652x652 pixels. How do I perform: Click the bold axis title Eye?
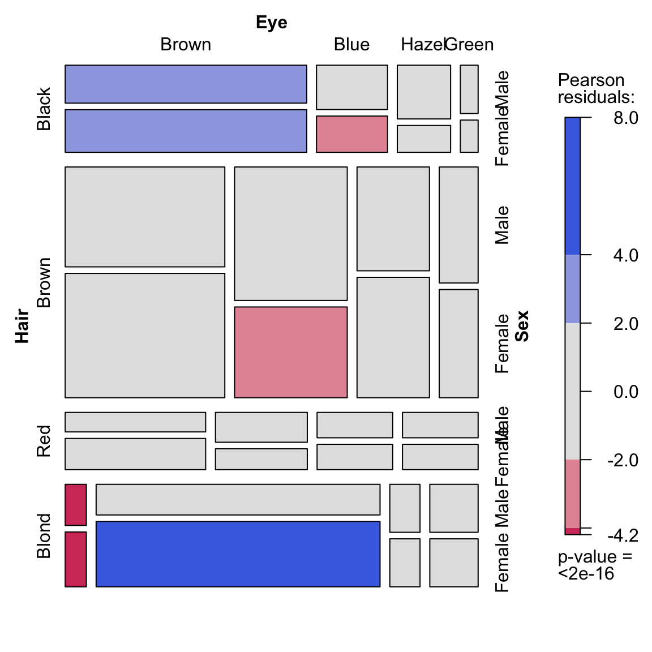pos(272,23)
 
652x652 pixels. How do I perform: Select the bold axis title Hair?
pos(22,326)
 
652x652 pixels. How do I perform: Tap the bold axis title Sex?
pos(522,326)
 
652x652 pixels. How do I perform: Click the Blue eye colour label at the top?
pos(351,45)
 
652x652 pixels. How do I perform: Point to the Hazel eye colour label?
pos(422,45)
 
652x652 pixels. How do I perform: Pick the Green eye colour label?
pos(470,45)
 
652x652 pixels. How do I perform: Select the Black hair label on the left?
pos(44,109)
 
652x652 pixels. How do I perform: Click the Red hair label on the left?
pos(44,441)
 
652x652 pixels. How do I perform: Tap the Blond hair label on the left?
pos(44,535)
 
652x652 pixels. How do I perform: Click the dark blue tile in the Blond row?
pos(238,554)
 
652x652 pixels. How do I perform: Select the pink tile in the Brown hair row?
pos(290,352)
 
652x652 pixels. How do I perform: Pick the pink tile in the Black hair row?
pos(351,134)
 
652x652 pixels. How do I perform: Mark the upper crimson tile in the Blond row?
pos(76,504)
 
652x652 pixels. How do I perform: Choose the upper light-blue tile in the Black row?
pos(186,84)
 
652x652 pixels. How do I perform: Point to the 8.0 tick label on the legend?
pos(625,118)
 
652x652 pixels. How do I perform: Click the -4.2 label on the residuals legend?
pos(623,535)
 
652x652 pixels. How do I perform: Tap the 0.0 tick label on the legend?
pos(625,392)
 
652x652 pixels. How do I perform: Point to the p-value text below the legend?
pos(594,565)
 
